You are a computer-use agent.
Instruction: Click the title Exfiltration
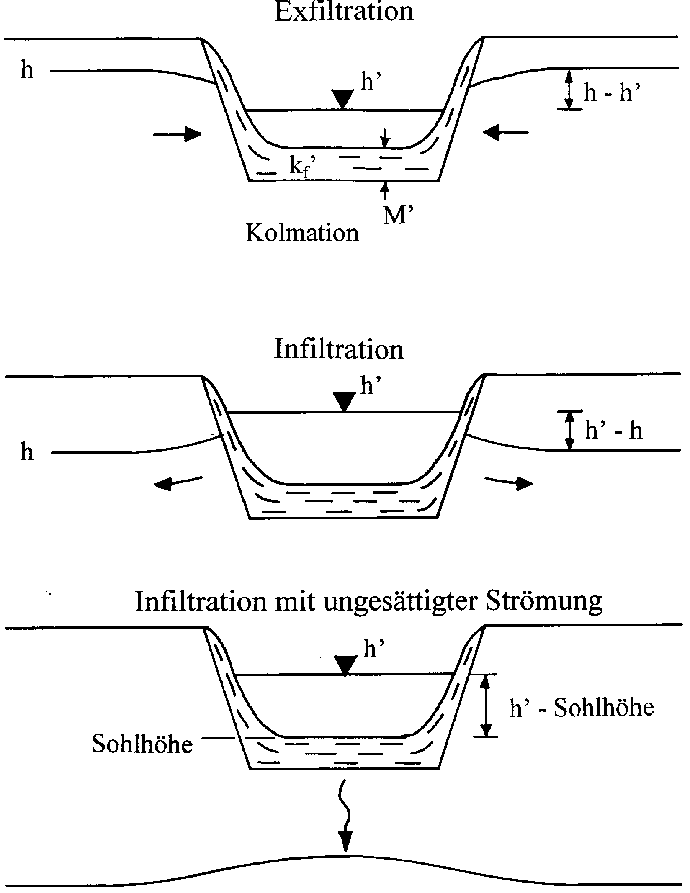coord(344,11)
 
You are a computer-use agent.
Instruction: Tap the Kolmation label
coord(302,233)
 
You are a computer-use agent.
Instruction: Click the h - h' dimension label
coord(613,93)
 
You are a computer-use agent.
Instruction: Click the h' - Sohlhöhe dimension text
coord(582,707)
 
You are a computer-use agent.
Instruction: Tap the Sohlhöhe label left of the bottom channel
coord(142,744)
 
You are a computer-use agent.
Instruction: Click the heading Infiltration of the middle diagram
coord(339,349)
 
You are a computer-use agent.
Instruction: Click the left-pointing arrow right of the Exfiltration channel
coord(505,133)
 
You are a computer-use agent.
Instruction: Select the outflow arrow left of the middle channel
coord(178,482)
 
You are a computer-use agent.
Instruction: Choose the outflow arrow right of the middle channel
coord(509,482)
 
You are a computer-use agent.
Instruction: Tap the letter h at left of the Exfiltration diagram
coord(27,70)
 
